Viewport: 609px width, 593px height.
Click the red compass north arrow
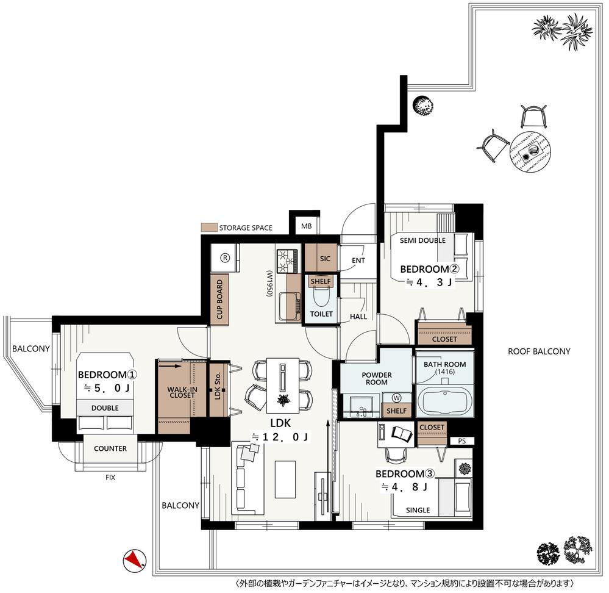135,560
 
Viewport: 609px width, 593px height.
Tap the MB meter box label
307,226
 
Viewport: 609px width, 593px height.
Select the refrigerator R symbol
225,257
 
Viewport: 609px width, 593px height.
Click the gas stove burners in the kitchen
287,261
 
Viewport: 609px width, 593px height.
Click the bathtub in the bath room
444,401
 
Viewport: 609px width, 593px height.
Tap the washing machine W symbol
396,398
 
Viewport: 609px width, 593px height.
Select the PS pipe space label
461,441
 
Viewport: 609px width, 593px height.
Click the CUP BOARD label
219,299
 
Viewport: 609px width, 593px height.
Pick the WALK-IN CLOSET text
182,392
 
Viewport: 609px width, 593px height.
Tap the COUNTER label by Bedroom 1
110,448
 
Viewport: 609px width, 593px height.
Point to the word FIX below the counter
110,477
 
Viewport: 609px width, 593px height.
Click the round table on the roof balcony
530,152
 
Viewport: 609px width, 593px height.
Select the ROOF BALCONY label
539,351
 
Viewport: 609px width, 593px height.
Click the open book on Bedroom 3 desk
402,434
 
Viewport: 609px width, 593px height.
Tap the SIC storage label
325,259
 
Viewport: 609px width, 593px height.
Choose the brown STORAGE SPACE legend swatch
208,228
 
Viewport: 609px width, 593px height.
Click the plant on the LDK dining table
282,400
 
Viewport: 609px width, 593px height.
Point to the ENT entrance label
358,261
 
